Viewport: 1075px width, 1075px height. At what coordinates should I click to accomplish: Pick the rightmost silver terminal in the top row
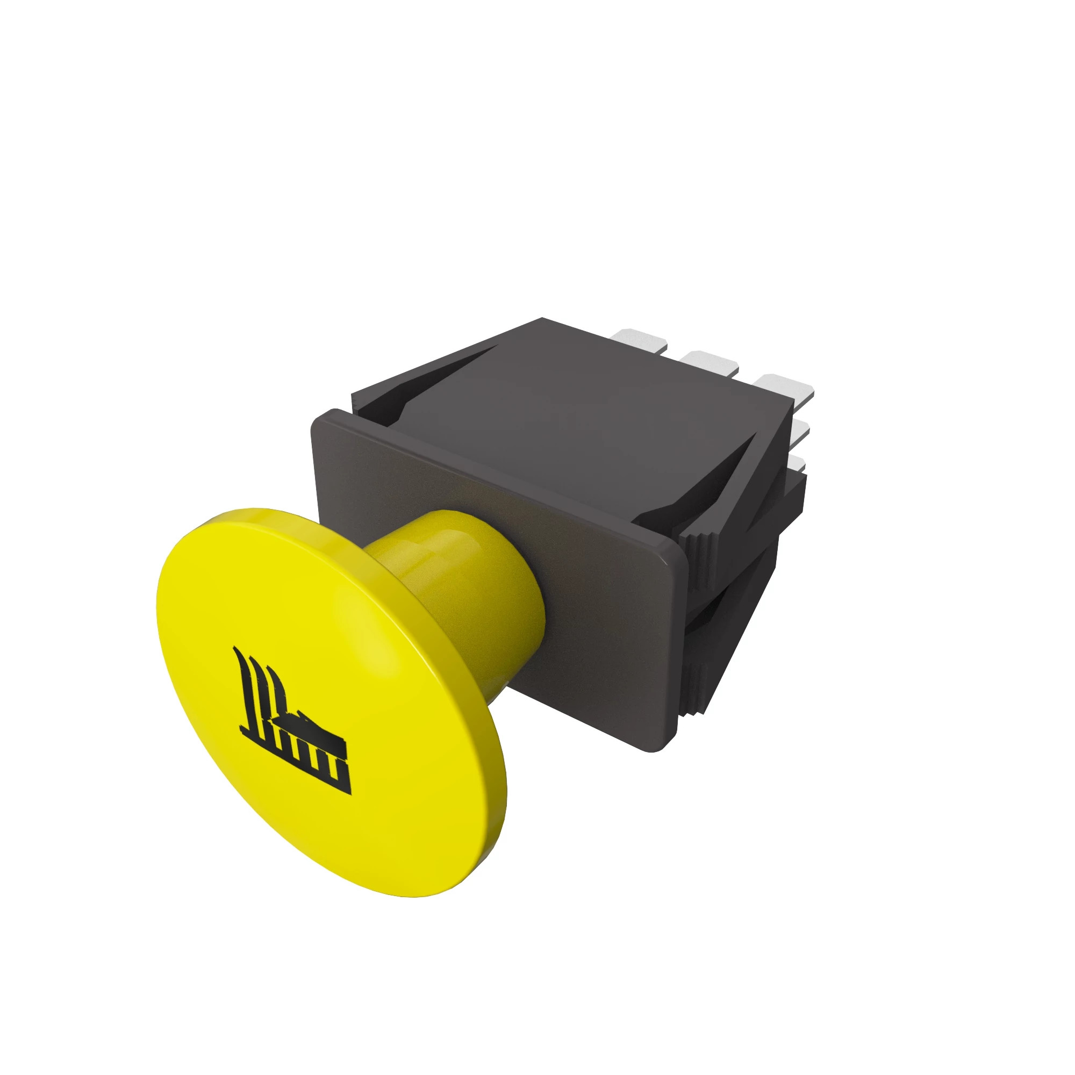pos(786,386)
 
